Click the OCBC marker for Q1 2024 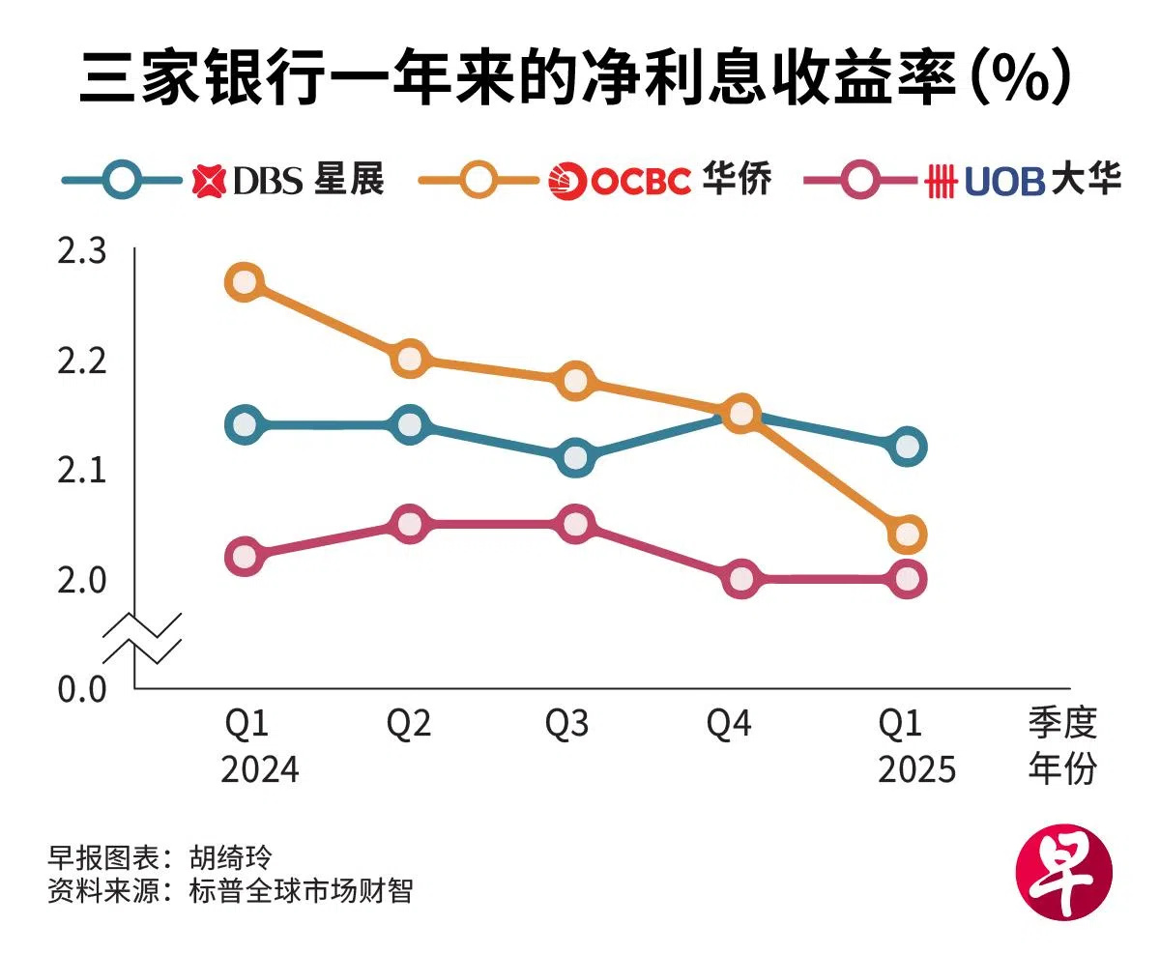(x=245, y=282)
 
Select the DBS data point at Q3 (x=575, y=457)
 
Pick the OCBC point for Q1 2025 (x=907, y=534)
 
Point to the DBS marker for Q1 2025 (x=907, y=447)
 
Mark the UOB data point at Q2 (x=410, y=524)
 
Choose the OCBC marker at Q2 (x=410, y=358)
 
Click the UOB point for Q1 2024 (x=245, y=557)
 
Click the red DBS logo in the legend (x=208, y=181)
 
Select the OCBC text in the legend (x=641, y=181)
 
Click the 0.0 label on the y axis (x=81, y=691)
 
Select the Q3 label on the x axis (x=566, y=724)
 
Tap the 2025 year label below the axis (x=916, y=769)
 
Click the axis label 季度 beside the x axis (x=1062, y=724)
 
